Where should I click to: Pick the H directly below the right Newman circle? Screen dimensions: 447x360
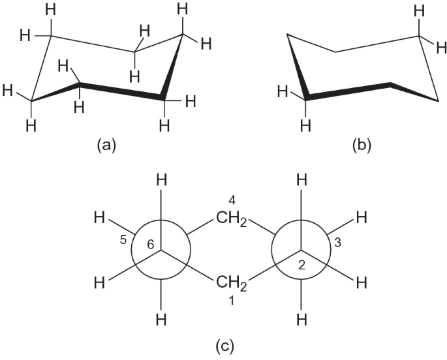point(301,320)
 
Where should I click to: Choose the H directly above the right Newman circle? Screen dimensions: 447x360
point(301,180)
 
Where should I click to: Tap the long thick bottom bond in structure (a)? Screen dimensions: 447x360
point(121,91)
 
